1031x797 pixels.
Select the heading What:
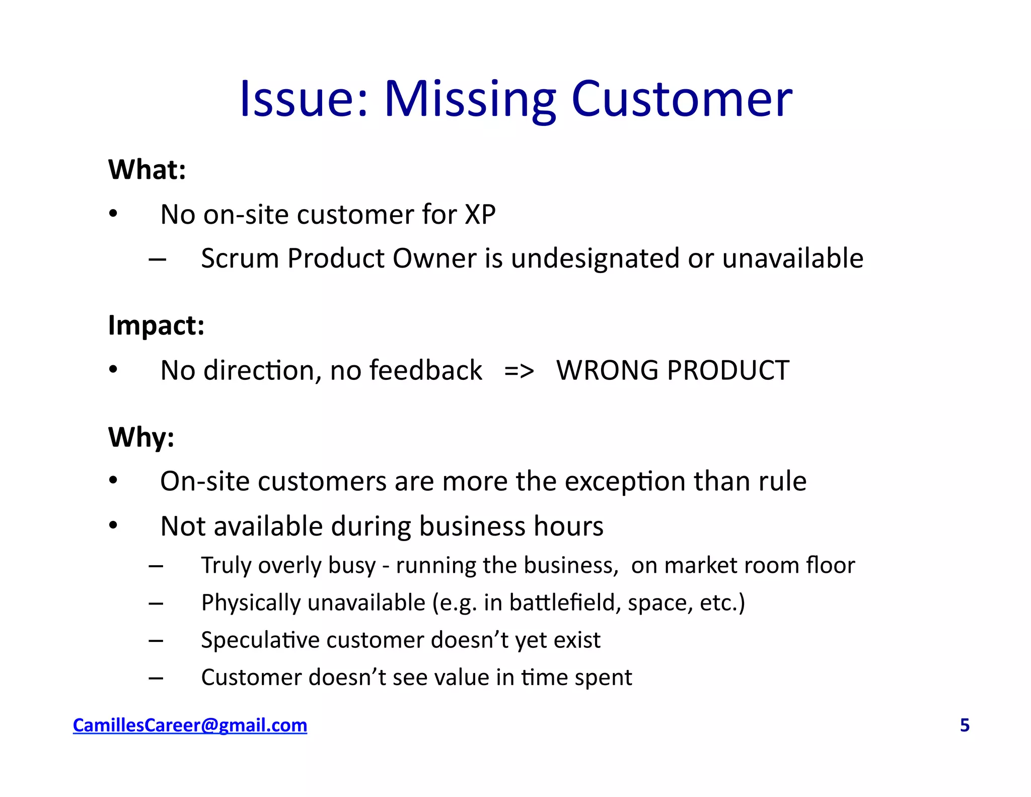click(x=147, y=170)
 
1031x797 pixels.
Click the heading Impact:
click(x=156, y=325)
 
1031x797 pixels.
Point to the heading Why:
click(x=141, y=437)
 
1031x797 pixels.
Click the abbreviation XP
click(x=480, y=215)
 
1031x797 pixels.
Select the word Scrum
click(x=240, y=259)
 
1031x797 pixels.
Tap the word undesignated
click(x=595, y=259)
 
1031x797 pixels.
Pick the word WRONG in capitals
click(x=607, y=371)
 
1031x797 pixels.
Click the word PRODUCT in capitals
click(x=727, y=371)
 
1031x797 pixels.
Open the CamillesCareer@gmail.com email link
click(x=190, y=725)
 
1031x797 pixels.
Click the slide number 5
click(x=965, y=725)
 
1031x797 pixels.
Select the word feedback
click(x=425, y=371)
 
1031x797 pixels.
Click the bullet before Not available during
click(x=113, y=526)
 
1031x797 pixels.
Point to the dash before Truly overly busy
click(x=156, y=566)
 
